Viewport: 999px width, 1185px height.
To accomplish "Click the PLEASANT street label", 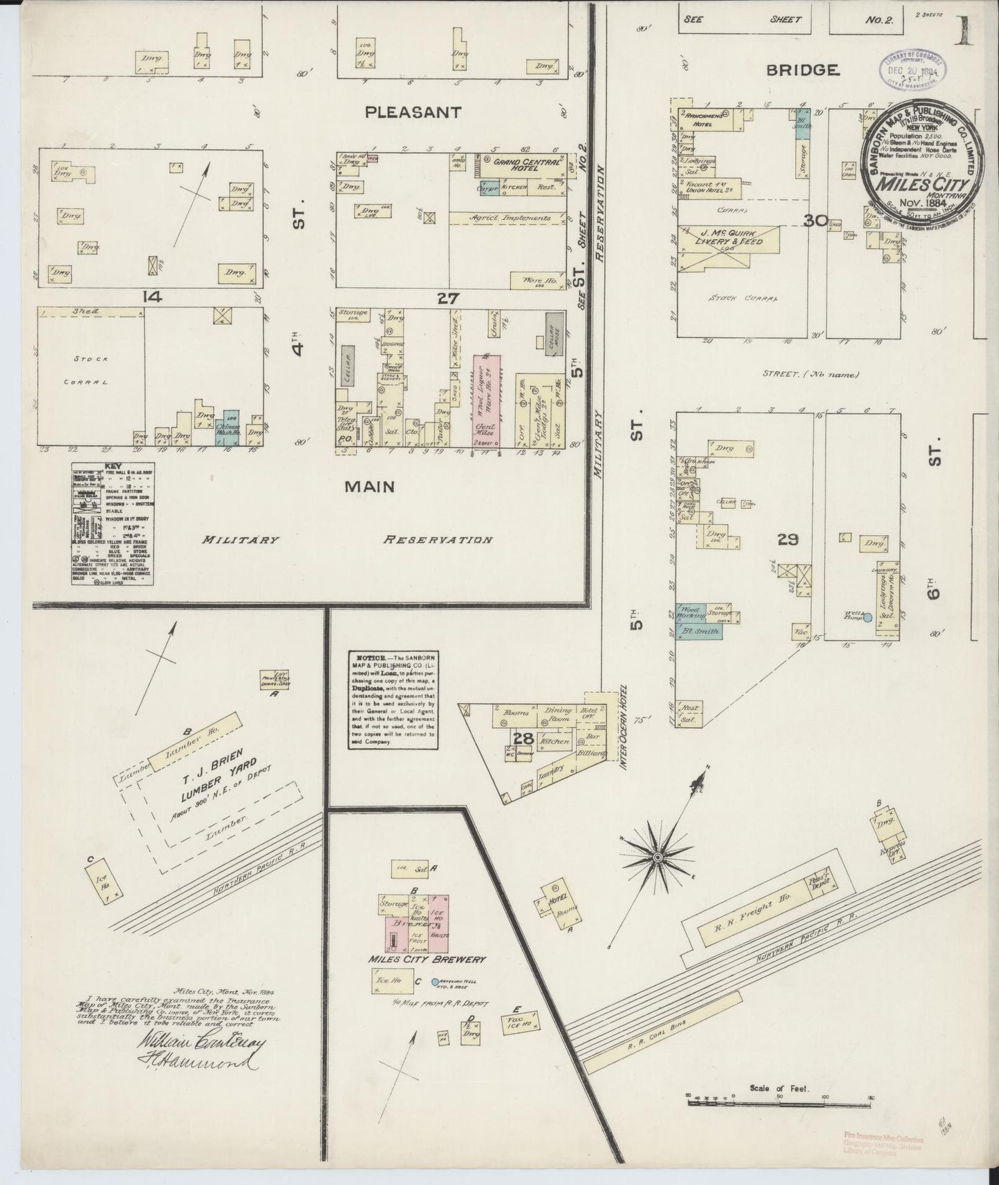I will (413, 112).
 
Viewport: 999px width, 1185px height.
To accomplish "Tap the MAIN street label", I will (370, 487).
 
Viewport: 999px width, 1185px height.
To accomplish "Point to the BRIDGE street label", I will (803, 70).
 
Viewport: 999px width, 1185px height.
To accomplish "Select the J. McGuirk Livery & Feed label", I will (731, 237).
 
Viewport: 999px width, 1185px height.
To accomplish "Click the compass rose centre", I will (657, 857).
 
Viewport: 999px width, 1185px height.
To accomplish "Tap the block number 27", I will (448, 298).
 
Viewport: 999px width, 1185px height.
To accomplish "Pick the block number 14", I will (151, 297).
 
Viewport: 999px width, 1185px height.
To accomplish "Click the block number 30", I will (816, 221).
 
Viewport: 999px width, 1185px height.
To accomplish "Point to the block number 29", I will (787, 539).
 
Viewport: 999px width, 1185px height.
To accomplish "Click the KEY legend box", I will (113, 524).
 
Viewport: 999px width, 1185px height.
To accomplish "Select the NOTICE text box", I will (393, 699).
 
